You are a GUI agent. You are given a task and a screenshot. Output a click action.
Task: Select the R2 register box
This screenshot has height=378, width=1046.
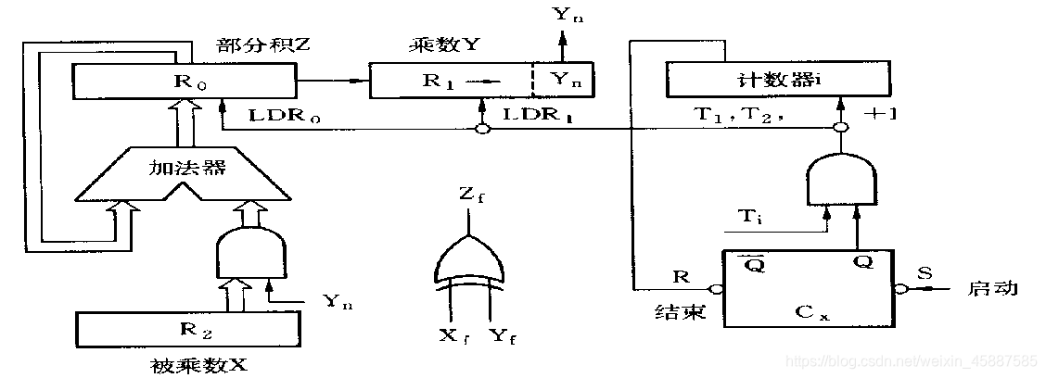189,327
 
